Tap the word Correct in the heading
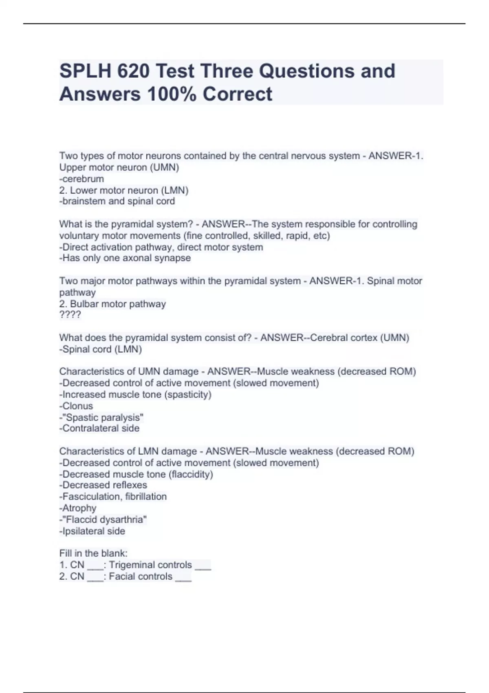[237, 94]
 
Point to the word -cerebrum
[81, 179]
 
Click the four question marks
[70, 315]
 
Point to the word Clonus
[77, 406]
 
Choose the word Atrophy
[79, 508]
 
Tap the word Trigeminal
[130, 565]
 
